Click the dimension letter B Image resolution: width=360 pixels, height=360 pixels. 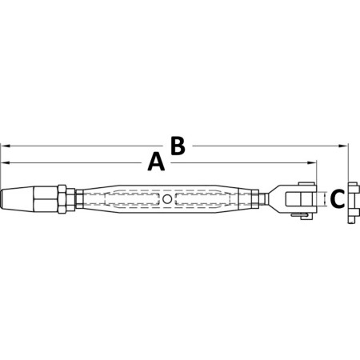pos(178,146)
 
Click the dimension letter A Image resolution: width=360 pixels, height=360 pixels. pos(156,162)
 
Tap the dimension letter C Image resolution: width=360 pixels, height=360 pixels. pos(338,199)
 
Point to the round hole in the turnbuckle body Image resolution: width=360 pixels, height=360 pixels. pos(167,199)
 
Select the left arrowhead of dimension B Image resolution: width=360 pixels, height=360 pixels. pos(5,146)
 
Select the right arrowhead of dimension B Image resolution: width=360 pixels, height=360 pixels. pos(343,146)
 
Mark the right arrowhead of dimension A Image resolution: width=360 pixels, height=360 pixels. pos(312,162)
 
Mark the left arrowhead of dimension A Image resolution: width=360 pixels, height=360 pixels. pos(5,162)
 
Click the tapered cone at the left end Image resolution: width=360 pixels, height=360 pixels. pos(17,199)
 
